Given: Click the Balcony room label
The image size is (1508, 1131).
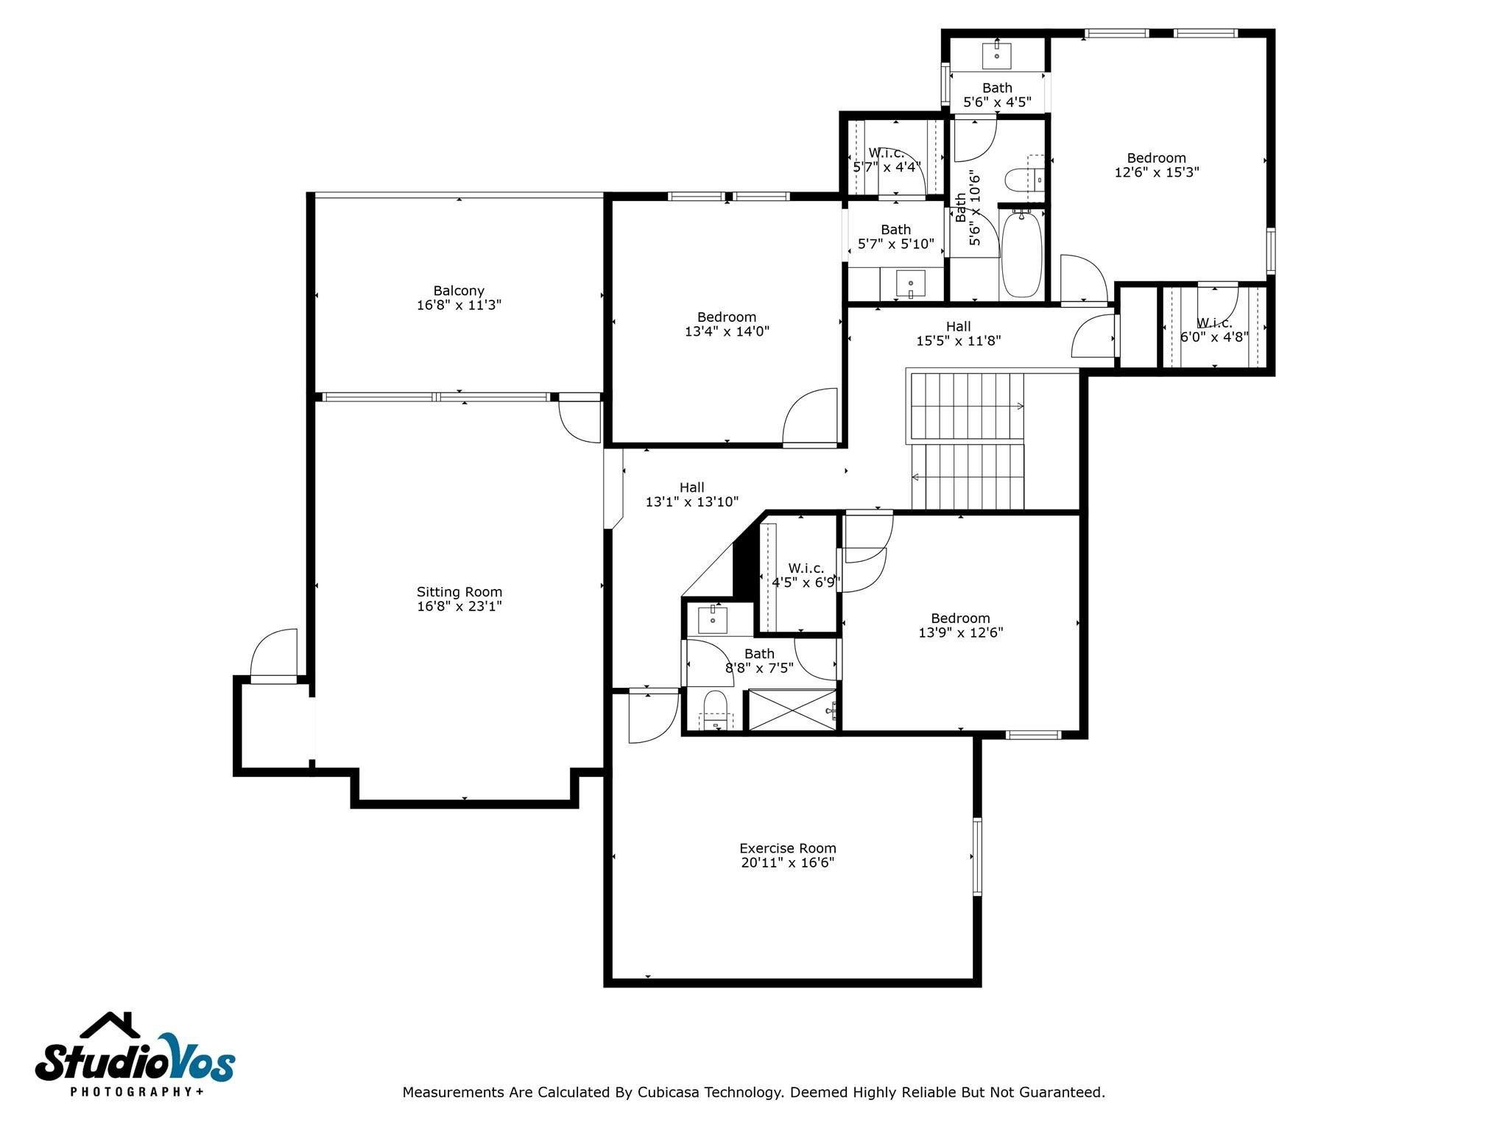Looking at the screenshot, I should (459, 291).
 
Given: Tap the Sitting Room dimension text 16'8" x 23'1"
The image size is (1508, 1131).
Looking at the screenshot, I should (459, 606).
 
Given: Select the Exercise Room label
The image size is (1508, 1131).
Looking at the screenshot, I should (787, 848).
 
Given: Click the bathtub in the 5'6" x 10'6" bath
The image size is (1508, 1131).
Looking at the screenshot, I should (1021, 253).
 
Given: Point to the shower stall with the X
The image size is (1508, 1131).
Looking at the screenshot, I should (792, 710).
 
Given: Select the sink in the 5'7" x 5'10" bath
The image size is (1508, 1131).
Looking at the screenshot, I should (912, 284).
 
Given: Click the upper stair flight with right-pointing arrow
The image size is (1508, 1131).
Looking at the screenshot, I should (968, 406).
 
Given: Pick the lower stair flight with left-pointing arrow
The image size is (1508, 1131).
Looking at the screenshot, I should (968, 476).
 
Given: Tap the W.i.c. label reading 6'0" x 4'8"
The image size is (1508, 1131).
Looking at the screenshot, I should (1213, 337).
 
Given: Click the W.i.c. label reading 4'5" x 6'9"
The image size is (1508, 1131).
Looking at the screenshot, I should (806, 582).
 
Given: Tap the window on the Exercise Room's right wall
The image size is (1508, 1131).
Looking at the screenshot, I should (977, 856).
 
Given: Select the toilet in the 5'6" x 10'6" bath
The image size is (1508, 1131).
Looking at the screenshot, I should (1024, 180).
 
